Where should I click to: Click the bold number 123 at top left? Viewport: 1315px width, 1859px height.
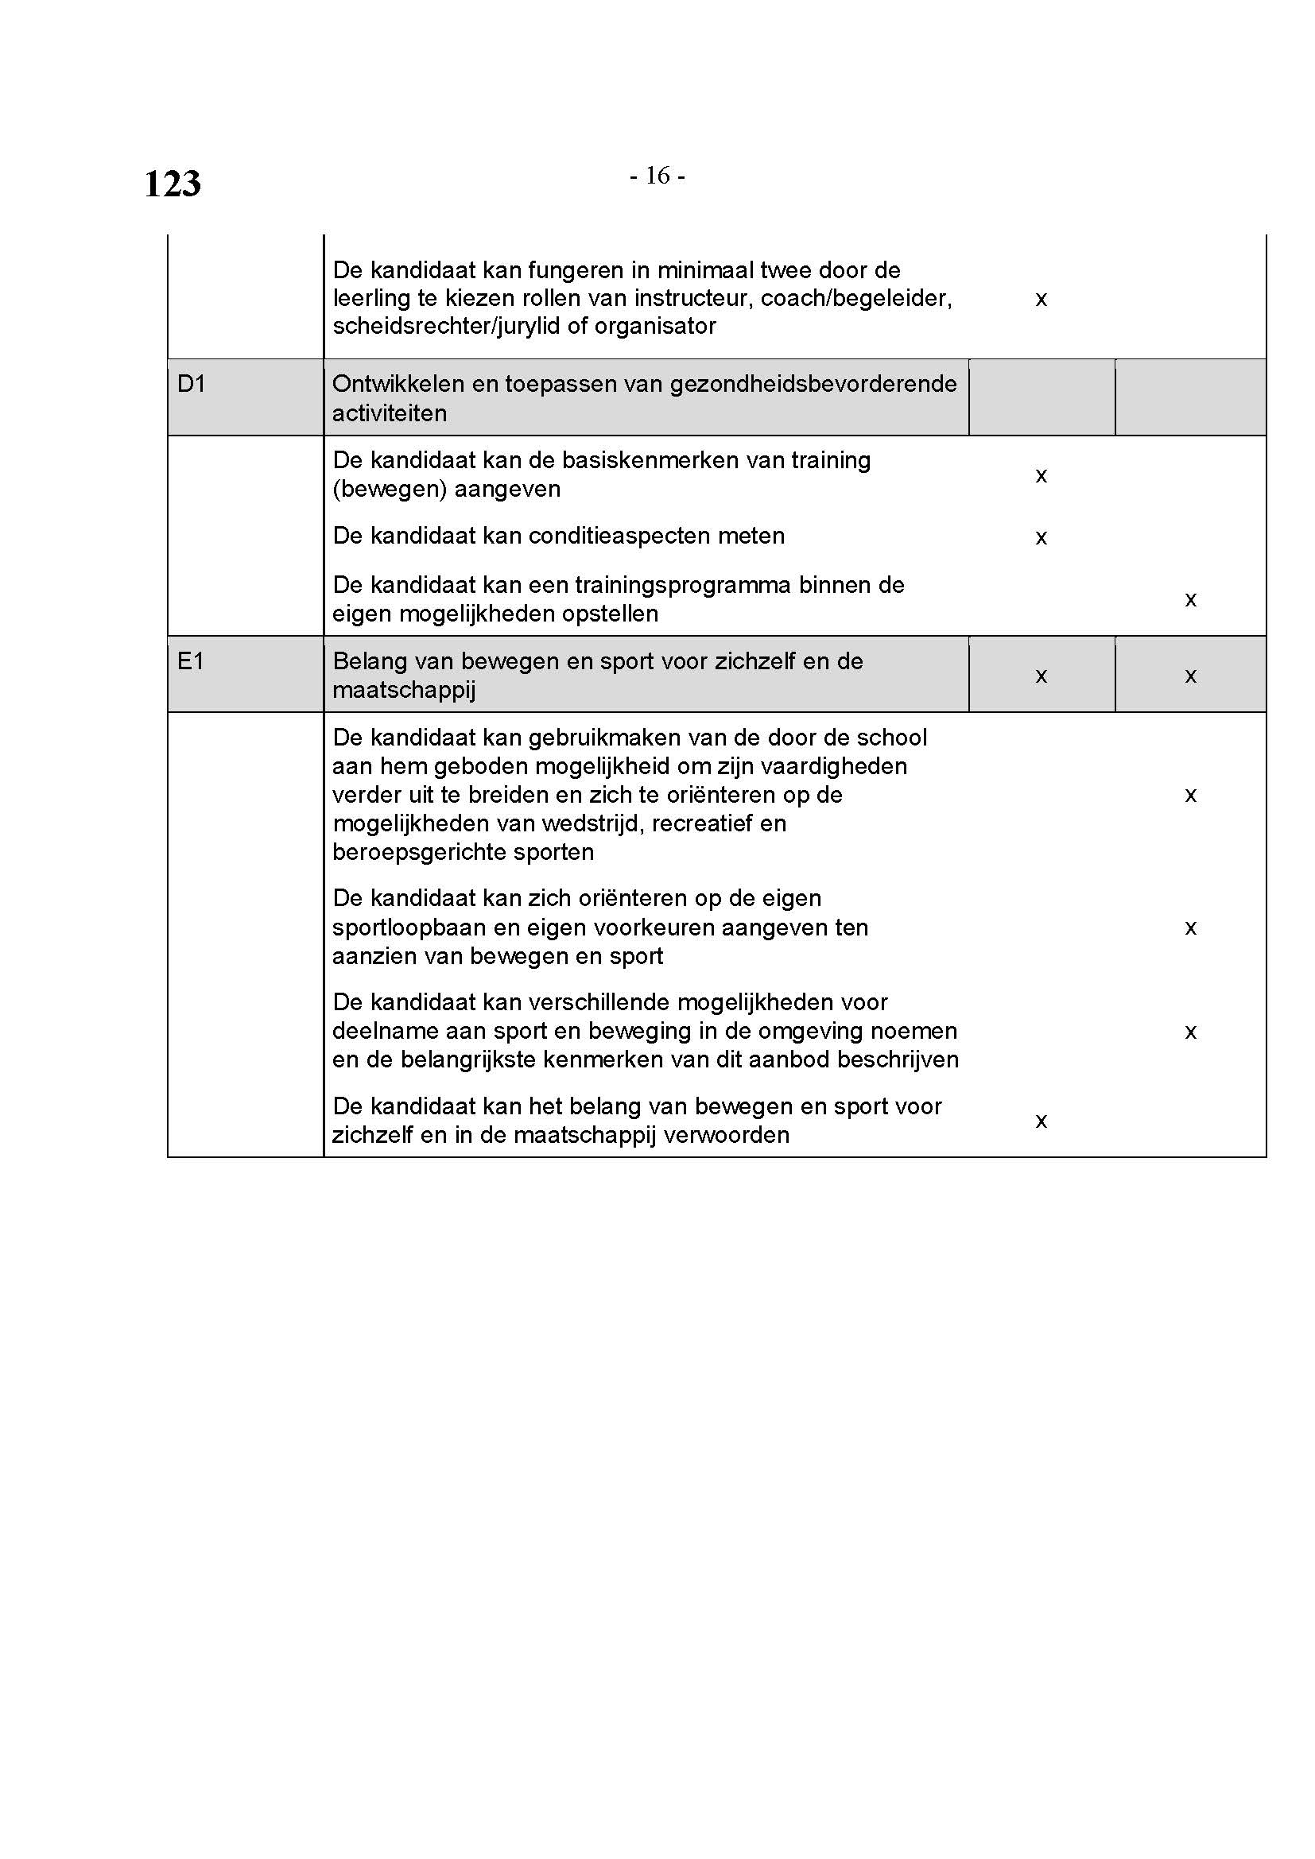[173, 184]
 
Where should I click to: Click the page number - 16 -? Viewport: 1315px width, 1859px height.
[657, 176]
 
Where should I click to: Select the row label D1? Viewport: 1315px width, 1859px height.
[191, 384]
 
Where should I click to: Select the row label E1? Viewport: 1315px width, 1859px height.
[190, 661]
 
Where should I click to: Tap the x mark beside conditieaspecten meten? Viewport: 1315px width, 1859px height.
[1042, 537]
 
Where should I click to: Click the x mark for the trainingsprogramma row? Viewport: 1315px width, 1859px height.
[1190, 600]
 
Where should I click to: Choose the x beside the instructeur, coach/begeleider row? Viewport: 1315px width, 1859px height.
[1042, 300]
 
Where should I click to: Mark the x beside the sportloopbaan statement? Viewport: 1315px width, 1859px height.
[1190, 928]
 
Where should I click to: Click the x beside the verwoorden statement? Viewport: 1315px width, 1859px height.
[1042, 1121]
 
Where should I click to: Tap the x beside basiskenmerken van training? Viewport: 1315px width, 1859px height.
[1042, 475]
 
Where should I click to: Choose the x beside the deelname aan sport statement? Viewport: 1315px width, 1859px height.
[1190, 1032]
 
